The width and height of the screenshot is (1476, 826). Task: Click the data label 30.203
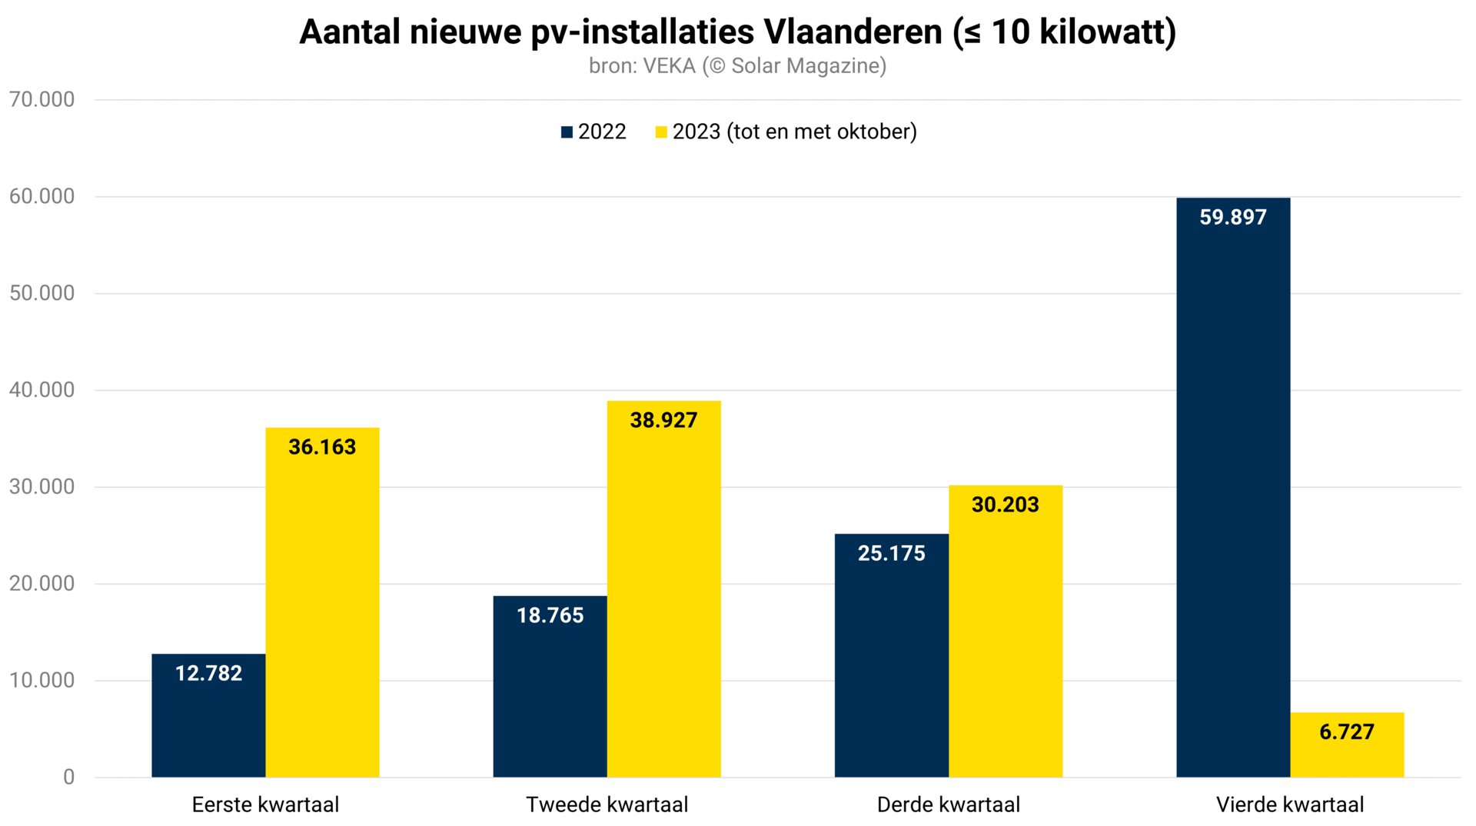click(1005, 505)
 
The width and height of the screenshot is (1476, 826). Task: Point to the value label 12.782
click(208, 674)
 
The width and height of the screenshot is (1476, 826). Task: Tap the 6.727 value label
click(1347, 732)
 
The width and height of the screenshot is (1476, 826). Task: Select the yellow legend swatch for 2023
click(661, 132)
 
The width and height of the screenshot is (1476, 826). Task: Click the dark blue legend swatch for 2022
click(567, 132)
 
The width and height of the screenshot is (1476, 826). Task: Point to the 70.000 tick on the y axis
click(42, 100)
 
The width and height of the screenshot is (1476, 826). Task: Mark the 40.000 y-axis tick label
click(42, 390)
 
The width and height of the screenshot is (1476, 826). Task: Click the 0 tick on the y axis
click(68, 778)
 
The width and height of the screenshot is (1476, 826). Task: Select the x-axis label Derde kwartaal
click(949, 805)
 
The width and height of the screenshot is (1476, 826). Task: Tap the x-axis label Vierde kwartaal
click(1290, 805)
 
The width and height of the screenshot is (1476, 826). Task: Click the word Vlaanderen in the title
click(853, 32)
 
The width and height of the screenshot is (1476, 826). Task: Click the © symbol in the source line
click(716, 67)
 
